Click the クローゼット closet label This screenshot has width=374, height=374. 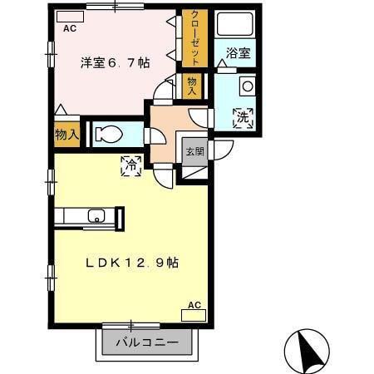click(x=194, y=38)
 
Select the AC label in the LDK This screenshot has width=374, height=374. click(x=194, y=305)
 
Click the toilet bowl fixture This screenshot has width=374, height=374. click(x=108, y=135)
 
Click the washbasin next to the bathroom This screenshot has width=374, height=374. click(x=246, y=86)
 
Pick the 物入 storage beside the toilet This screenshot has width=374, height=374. click(x=67, y=135)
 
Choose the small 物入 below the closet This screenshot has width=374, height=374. click(x=193, y=86)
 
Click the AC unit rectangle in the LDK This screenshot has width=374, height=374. click(x=194, y=315)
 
